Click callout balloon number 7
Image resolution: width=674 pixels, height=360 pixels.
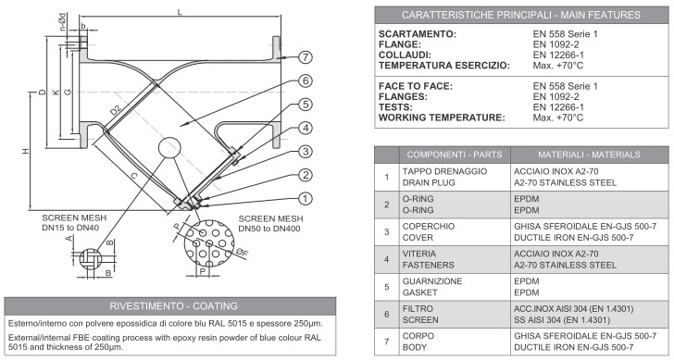click(x=305, y=57)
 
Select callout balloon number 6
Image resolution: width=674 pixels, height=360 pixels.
click(x=305, y=81)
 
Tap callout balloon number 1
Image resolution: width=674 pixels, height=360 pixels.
click(x=305, y=198)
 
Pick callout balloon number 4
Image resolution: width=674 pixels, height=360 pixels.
click(x=305, y=128)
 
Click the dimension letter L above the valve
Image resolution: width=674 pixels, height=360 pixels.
click(x=180, y=12)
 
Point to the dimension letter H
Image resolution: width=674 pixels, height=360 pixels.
click(x=26, y=151)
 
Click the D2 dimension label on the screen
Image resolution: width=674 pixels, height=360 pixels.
click(x=116, y=110)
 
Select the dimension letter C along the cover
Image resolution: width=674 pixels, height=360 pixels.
click(x=134, y=176)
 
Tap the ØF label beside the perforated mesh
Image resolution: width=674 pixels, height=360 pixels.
click(x=243, y=253)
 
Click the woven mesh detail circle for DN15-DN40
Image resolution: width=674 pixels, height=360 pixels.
click(x=91, y=259)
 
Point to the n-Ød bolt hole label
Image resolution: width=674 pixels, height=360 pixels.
click(x=63, y=22)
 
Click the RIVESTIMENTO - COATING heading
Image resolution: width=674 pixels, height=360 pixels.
click(x=173, y=306)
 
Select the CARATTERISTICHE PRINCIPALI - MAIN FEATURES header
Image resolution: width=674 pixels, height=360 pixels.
click(x=521, y=15)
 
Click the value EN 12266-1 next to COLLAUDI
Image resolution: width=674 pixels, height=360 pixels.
click(x=558, y=55)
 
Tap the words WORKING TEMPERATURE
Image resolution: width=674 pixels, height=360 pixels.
click(x=442, y=118)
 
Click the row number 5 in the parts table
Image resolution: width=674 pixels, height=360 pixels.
click(x=387, y=287)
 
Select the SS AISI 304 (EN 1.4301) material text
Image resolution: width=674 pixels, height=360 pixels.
click(x=562, y=320)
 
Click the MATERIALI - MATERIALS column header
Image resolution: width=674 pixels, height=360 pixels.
click(x=590, y=155)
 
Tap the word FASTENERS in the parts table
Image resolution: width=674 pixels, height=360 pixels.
click(x=428, y=265)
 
